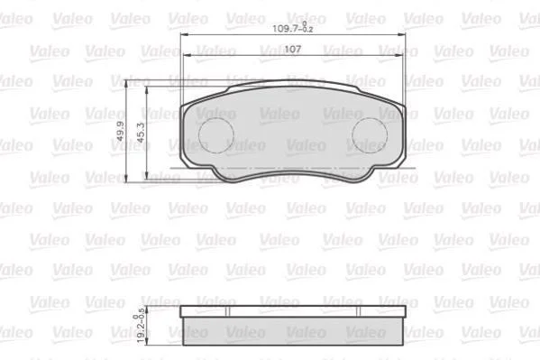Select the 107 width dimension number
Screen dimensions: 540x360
[293, 50]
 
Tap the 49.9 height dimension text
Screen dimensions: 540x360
[120, 131]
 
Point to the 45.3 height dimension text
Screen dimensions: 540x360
[141, 133]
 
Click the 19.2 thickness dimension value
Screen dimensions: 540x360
[141, 327]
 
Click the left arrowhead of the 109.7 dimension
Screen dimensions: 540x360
[185, 34]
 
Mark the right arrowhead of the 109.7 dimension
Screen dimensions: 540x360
[401, 34]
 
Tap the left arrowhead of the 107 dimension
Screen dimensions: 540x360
[188, 55]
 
